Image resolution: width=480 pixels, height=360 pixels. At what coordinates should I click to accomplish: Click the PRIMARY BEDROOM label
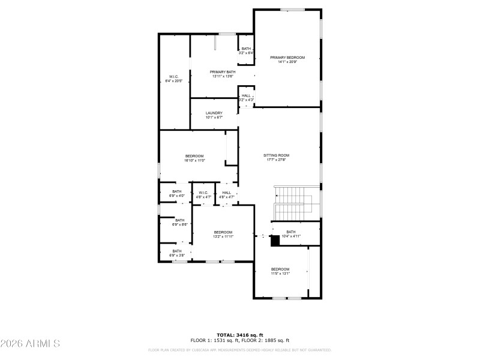click(287, 58)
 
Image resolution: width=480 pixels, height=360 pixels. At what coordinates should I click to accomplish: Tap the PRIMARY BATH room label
click(223, 71)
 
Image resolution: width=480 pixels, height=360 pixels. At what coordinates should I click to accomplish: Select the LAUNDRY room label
click(214, 113)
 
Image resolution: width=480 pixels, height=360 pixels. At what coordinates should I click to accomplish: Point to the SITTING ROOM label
click(276, 155)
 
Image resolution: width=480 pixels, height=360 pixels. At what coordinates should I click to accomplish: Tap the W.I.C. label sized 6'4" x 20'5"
click(173, 77)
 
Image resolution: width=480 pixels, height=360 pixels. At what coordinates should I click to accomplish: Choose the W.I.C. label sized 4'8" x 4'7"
click(204, 193)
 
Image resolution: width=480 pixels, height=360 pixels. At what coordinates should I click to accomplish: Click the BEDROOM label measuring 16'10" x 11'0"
click(194, 156)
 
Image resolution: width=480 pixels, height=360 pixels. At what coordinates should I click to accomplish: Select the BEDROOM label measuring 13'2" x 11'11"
click(223, 232)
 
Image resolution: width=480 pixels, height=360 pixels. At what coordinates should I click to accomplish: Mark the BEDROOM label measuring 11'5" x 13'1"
click(280, 269)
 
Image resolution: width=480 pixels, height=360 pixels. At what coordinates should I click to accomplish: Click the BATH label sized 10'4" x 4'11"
click(291, 232)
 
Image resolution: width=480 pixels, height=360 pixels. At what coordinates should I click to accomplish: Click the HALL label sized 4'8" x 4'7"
click(226, 193)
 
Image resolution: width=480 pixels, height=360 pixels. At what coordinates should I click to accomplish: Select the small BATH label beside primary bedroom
click(246, 49)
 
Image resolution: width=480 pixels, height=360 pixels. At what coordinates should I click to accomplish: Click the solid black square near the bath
click(275, 241)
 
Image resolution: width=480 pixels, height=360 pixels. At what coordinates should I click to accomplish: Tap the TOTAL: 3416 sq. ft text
click(239, 335)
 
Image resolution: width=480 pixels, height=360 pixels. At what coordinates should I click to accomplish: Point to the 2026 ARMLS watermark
click(30, 344)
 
